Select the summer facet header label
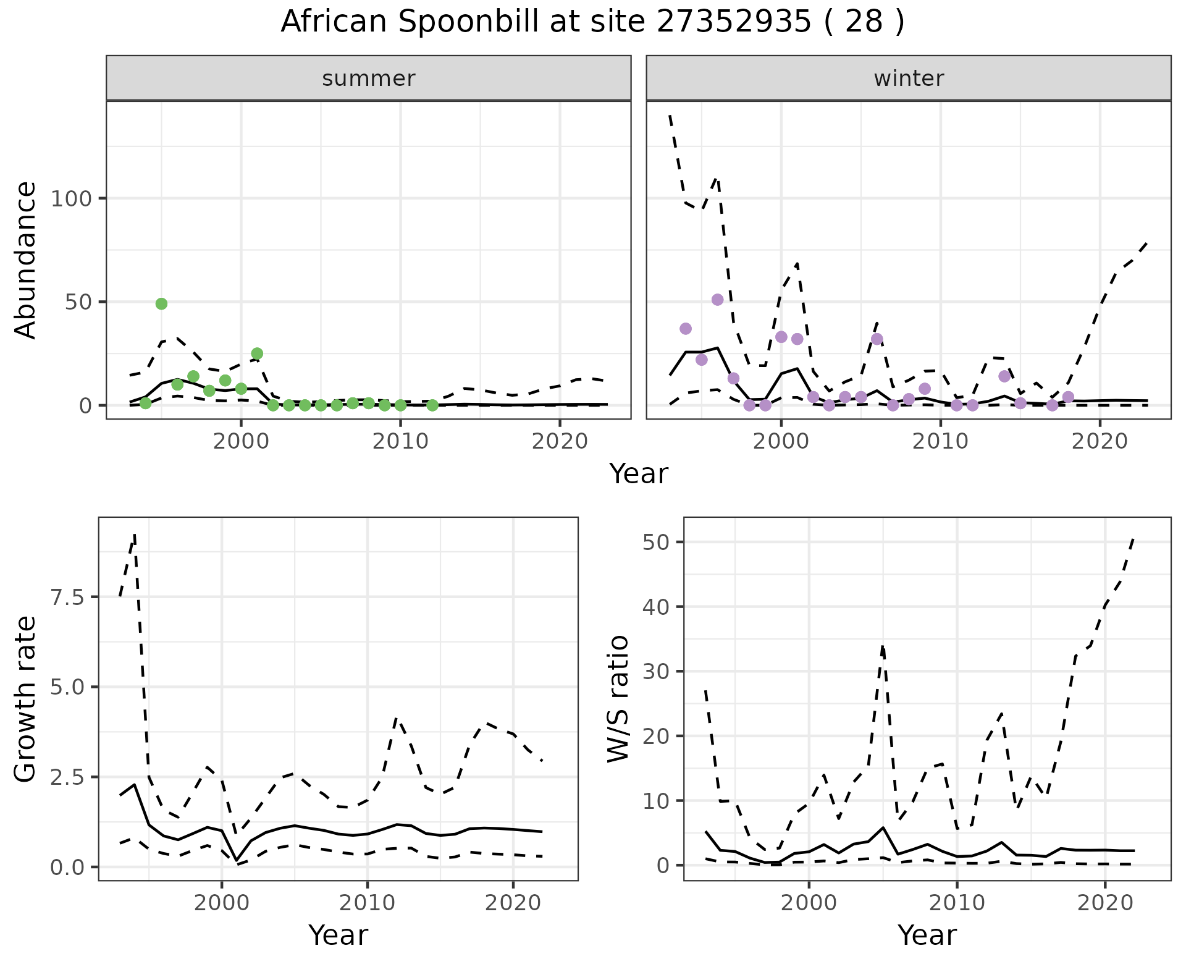coord(369,78)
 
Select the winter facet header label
coord(909,78)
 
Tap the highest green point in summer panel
coord(161,303)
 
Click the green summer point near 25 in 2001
coord(257,353)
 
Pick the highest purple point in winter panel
coord(717,300)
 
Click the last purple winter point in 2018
coord(1068,397)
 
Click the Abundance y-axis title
coord(26,260)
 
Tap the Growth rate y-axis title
coord(26,699)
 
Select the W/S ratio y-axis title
coord(618,699)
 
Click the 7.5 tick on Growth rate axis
coord(69,598)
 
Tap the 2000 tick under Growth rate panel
coord(222,903)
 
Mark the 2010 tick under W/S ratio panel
coord(957,903)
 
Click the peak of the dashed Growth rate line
coord(134,535)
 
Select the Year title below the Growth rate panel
coord(338,935)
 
